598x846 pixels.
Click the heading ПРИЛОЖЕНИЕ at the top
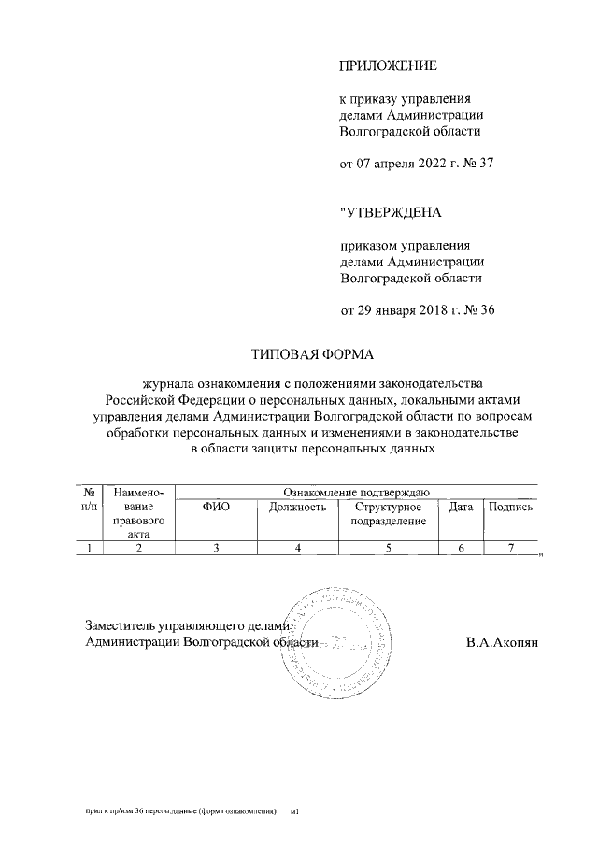click(387, 65)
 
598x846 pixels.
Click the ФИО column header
click(216, 507)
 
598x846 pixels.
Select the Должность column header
click(297, 507)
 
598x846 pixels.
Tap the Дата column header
click(461, 507)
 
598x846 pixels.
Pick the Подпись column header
click(509, 507)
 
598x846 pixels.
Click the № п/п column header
click(90, 499)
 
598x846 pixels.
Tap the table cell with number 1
click(90, 548)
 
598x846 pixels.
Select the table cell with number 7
click(509, 548)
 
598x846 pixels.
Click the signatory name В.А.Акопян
click(502, 642)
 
